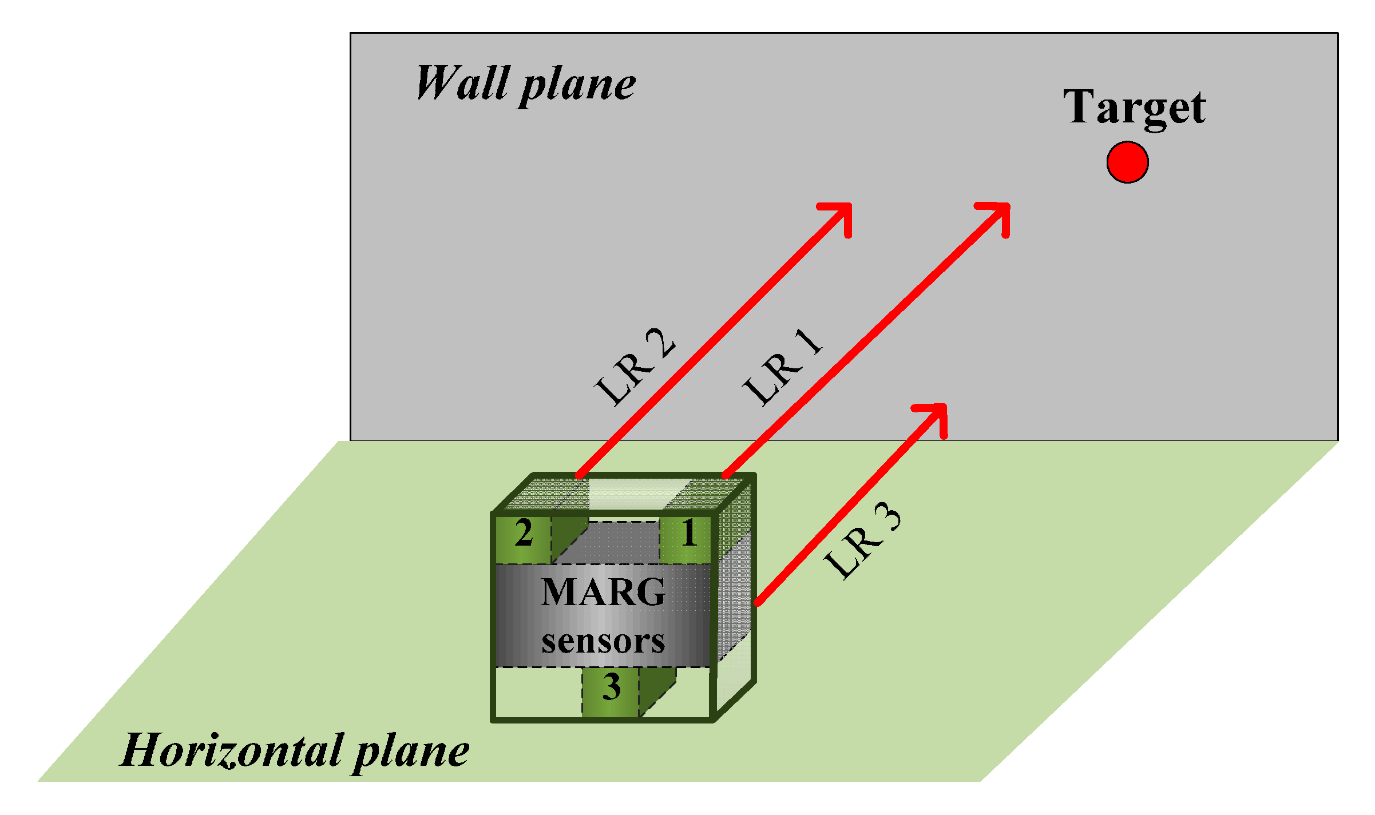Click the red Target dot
[1127, 162]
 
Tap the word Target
[1134, 108]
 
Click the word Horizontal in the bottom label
[231, 750]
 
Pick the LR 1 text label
[782, 367]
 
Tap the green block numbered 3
[611, 693]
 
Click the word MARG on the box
[603, 592]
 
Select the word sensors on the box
[603, 641]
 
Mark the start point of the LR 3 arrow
[758, 602]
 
